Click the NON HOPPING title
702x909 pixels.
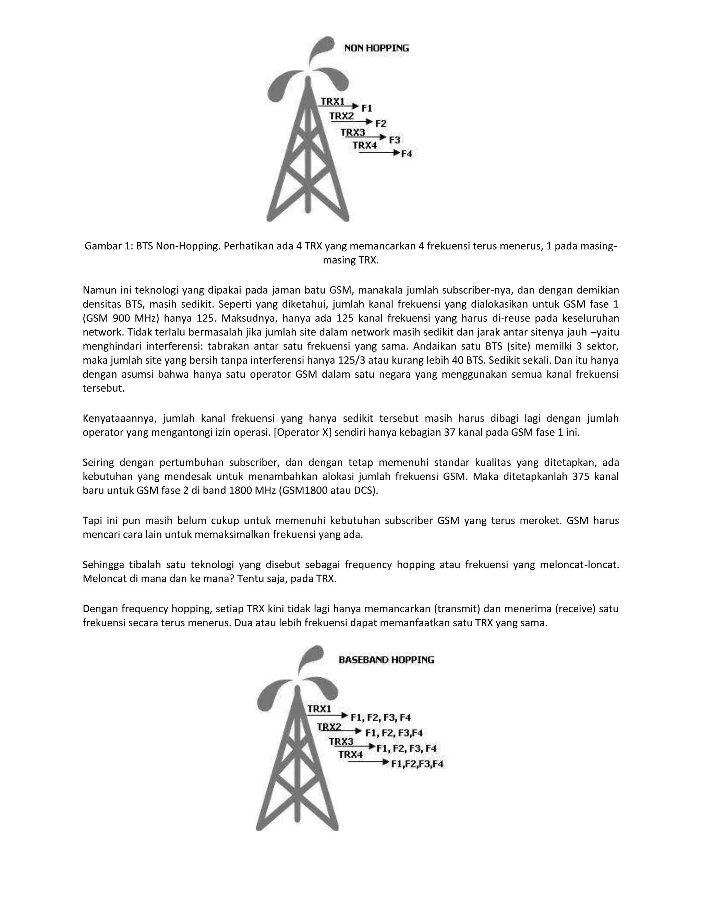tap(376, 48)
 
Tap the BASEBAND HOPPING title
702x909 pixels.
tap(386, 660)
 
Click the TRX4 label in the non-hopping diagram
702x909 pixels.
tap(365, 145)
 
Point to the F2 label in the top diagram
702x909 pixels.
tap(381, 123)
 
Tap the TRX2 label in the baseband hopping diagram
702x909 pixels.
tap(329, 727)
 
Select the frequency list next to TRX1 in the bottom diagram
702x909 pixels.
tap(381, 717)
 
